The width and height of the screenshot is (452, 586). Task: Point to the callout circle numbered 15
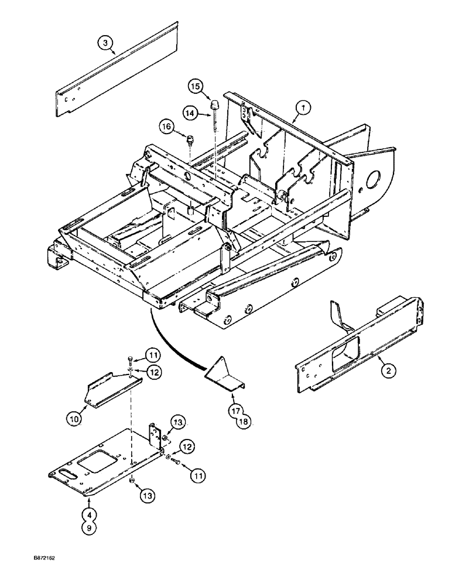click(x=195, y=86)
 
